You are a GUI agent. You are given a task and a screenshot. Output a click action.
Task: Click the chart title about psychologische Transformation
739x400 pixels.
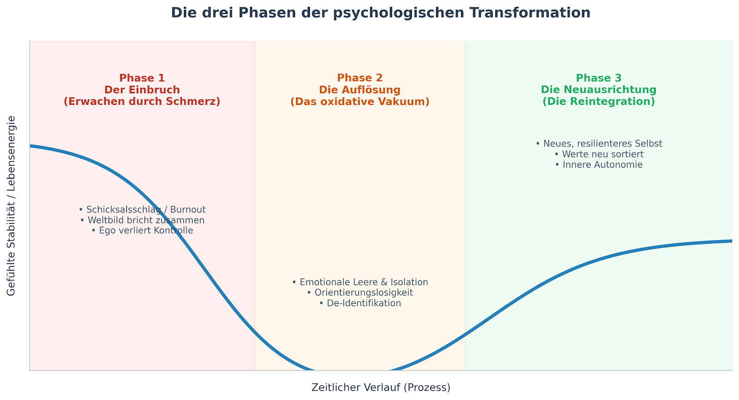(x=381, y=13)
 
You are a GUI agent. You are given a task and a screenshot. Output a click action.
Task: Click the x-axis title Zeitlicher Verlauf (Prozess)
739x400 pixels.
(x=381, y=388)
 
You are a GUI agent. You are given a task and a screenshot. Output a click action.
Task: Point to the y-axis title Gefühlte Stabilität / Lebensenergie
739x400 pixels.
(x=11, y=206)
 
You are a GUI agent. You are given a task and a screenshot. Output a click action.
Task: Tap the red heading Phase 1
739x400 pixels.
(x=142, y=78)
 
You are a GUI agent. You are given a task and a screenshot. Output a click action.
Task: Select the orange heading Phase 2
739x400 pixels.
(x=360, y=78)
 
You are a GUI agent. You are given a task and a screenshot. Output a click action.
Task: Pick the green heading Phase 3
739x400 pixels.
(x=599, y=78)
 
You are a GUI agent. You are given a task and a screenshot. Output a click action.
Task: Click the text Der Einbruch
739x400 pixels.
(x=142, y=90)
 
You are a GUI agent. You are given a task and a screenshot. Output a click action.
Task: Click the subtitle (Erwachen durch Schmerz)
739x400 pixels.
(x=142, y=102)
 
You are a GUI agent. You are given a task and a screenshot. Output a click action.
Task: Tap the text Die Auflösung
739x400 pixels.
(x=360, y=90)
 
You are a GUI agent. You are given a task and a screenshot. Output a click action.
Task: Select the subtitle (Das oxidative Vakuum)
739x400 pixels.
(x=360, y=102)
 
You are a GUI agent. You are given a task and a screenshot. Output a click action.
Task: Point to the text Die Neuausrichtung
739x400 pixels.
(x=599, y=90)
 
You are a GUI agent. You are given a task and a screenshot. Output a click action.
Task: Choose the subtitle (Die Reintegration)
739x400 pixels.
(x=599, y=102)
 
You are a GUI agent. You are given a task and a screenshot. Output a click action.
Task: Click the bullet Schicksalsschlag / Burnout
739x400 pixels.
(x=142, y=210)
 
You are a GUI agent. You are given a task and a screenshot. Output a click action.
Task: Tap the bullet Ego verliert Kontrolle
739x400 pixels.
(x=142, y=230)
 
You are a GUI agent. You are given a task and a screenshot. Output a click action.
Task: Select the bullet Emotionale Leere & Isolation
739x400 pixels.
(x=360, y=282)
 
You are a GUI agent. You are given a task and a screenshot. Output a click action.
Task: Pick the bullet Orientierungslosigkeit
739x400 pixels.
(x=360, y=293)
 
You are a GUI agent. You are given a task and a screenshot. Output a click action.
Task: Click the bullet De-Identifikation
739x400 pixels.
(x=360, y=303)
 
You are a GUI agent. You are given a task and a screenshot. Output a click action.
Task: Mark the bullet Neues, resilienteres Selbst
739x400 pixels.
(x=599, y=144)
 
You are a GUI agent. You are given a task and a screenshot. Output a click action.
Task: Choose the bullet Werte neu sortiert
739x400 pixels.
(x=599, y=154)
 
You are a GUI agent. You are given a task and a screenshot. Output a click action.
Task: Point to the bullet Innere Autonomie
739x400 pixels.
(x=599, y=165)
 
